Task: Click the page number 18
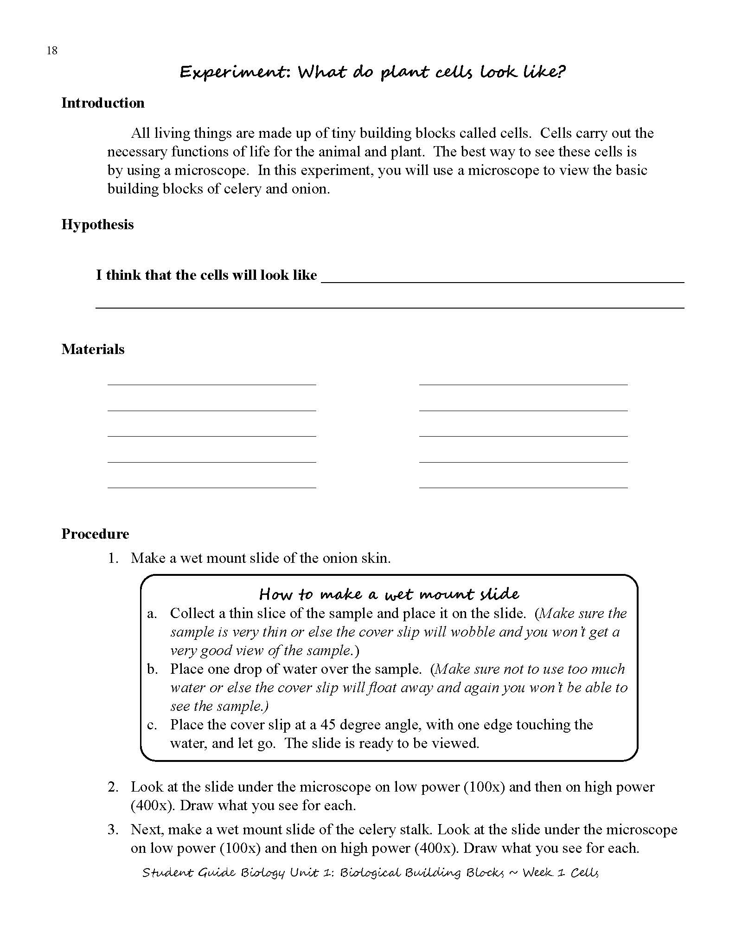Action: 52,51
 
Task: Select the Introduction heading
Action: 103,103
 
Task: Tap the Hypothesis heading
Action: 97,225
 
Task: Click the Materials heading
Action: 93,349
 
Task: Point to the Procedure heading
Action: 95,534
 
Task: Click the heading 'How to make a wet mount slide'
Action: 389,594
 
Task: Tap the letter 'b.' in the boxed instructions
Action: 153,669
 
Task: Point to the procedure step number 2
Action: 113,787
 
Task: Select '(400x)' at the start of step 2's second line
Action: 153,806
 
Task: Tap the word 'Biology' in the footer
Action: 262,873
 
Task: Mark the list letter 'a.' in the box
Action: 153,613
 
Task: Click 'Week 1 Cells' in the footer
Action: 560,873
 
